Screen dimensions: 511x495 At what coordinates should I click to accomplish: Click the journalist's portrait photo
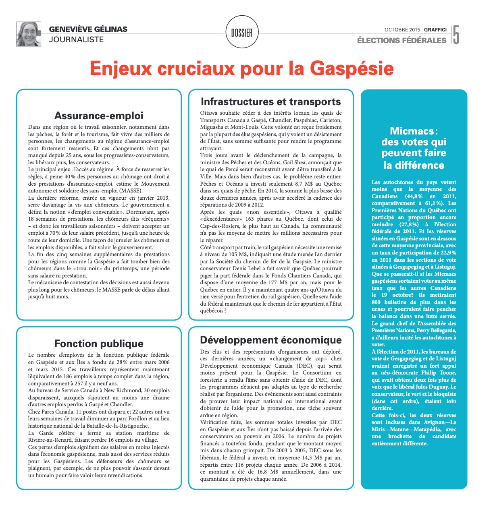click(29, 34)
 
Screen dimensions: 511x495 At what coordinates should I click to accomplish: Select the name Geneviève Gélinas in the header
click(88, 29)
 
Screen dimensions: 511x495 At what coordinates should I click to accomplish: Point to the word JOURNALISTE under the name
click(76, 39)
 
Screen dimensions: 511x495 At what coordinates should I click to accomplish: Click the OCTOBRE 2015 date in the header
click(402, 30)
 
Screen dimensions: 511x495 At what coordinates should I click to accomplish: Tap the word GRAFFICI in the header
click(435, 30)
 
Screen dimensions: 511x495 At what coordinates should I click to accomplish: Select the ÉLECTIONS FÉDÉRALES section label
click(401, 40)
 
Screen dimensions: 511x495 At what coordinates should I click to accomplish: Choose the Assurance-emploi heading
click(99, 116)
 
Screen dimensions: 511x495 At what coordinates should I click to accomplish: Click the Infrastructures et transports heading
click(271, 102)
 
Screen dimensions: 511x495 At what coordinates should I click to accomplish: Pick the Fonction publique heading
click(99, 343)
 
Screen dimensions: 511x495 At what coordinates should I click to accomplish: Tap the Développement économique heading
click(271, 340)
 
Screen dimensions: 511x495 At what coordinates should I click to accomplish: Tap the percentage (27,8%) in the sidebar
click(409, 224)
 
